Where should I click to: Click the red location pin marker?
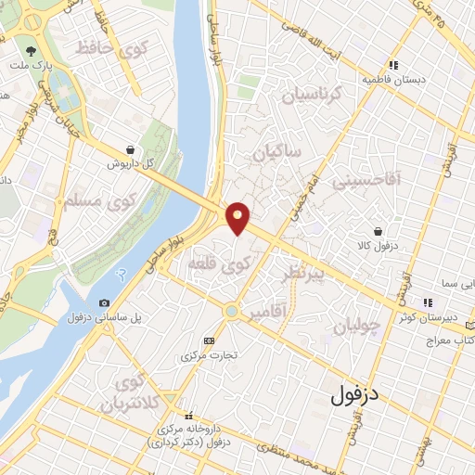239,217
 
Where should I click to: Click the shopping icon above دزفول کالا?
379,231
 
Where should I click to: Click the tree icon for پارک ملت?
32,52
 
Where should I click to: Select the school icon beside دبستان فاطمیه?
394,66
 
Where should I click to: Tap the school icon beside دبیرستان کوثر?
428,302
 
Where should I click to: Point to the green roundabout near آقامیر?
231,310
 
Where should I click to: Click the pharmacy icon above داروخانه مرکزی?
188,415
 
